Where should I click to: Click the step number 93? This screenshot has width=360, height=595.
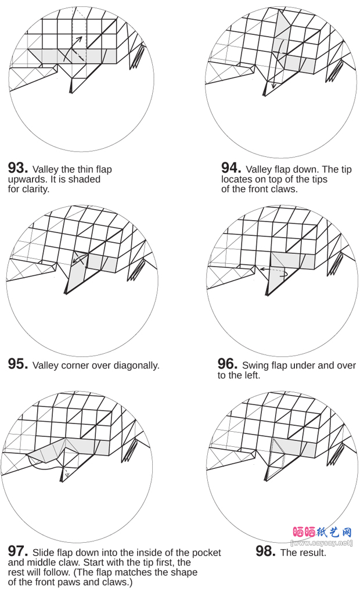(x=17, y=168)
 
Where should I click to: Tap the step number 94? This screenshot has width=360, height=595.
(x=231, y=168)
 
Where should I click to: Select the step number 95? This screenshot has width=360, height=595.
(x=17, y=364)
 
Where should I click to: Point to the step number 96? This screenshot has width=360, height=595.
(x=227, y=364)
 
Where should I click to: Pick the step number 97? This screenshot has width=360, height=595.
(x=17, y=551)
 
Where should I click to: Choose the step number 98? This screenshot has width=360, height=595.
(x=265, y=551)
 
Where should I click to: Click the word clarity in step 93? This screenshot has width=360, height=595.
(x=36, y=189)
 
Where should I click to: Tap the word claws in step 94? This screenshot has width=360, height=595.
(x=284, y=189)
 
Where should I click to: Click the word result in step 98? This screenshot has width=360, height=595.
(x=313, y=553)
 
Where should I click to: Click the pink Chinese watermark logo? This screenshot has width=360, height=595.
(x=323, y=532)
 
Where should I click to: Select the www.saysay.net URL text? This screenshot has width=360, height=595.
(x=322, y=543)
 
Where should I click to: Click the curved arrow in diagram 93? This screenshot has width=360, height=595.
(x=72, y=49)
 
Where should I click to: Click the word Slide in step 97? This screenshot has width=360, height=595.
(x=45, y=553)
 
